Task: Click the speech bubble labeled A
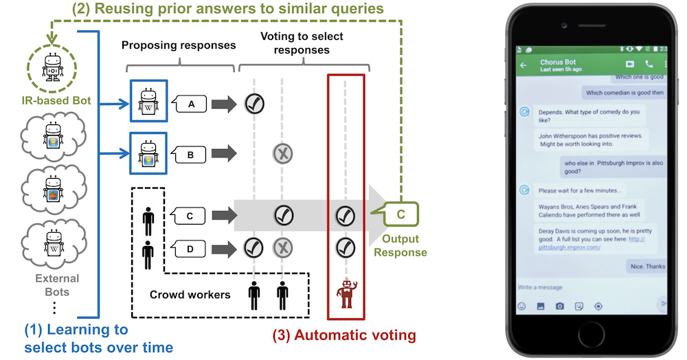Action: click(191, 104)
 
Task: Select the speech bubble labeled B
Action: click(191, 155)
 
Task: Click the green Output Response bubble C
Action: click(399, 215)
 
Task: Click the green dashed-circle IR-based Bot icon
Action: click(52, 67)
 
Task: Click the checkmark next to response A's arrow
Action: click(255, 104)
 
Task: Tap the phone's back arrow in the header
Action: click(523, 66)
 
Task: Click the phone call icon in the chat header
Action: click(648, 64)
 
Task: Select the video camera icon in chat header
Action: click(629, 64)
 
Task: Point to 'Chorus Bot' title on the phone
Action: click(557, 62)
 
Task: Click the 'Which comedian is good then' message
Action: click(624, 93)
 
